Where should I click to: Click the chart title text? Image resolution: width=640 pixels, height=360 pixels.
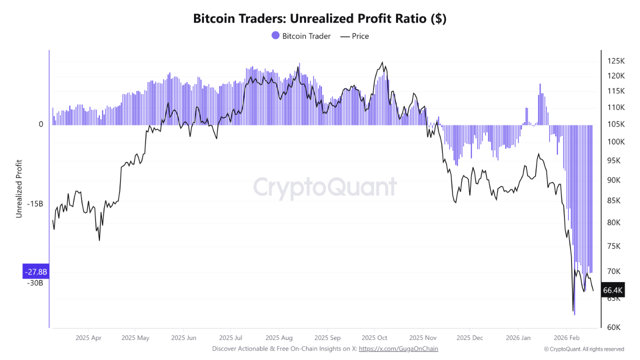pos(319,19)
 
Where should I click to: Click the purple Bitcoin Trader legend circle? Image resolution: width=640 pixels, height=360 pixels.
pos(275,35)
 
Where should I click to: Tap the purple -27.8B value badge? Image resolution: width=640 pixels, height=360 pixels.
pos(35,272)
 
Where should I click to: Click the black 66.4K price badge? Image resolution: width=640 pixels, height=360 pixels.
pos(612,290)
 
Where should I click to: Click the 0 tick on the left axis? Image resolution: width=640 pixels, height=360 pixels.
pos(41,124)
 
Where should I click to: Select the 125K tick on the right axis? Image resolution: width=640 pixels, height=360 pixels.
pos(616,61)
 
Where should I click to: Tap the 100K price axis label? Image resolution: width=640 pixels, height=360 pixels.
pos(616,142)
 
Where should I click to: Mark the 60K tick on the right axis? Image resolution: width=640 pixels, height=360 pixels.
pos(614,327)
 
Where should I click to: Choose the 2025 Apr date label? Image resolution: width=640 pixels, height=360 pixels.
pos(88,337)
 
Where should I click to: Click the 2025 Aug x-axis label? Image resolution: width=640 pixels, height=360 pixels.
pos(279,337)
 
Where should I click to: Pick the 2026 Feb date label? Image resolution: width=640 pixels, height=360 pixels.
pos(566,337)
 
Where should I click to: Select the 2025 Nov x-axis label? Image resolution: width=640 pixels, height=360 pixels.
pos(423,337)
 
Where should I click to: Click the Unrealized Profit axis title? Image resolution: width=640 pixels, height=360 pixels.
pos(19,188)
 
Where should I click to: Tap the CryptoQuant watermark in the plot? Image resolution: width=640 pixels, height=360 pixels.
pos(325,187)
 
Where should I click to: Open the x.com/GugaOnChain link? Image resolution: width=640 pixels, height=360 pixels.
pos(398,348)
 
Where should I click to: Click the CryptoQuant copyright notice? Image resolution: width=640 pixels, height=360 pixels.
pos(584,349)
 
